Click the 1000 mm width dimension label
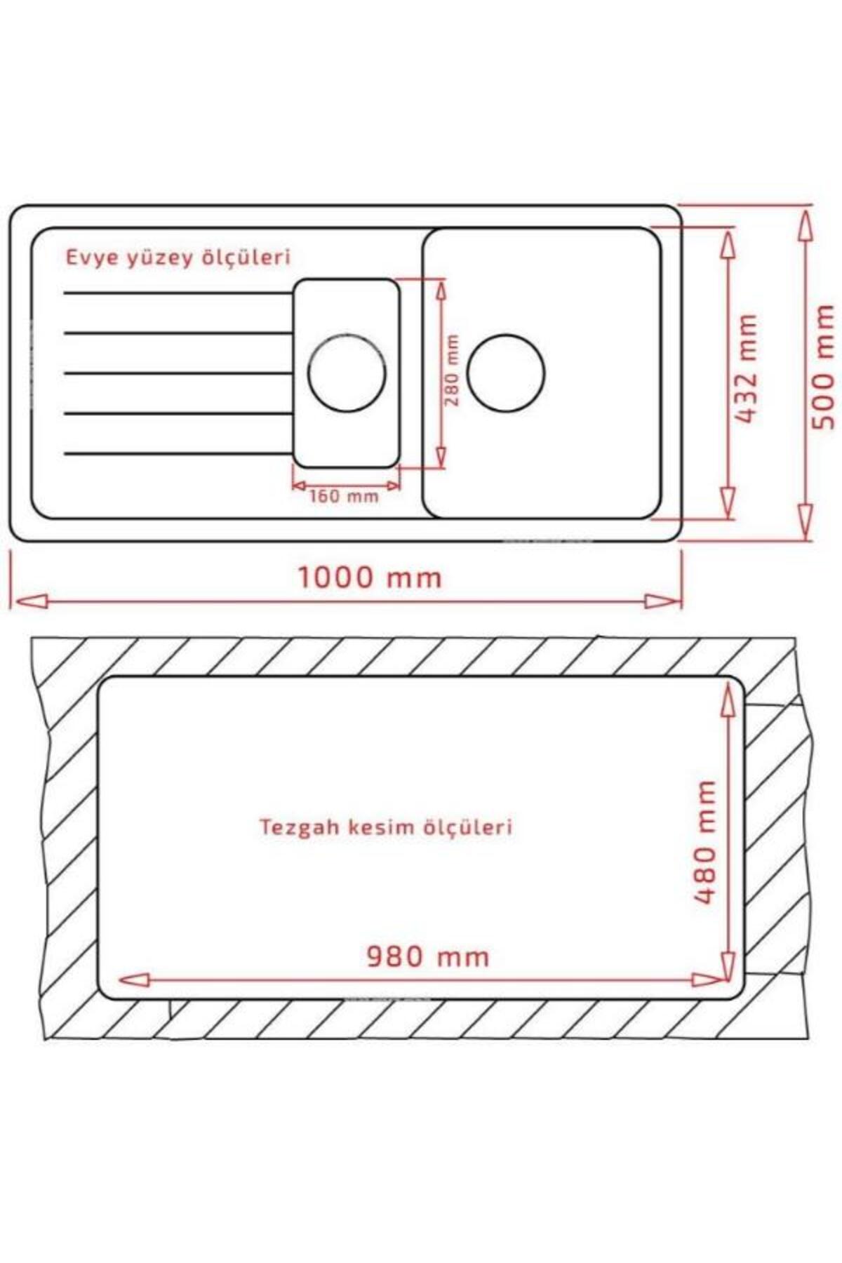click(x=370, y=578)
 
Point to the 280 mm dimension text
click(x=453, y=370)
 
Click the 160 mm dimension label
click(x=344, y=497)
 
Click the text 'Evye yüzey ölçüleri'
click(x=178, y=258)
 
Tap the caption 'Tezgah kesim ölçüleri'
click(x=387, y=827)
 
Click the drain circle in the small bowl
click(x=347, y=371)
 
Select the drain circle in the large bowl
click(x=506, y=373)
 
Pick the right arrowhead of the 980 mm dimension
click(x=707, y=980)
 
